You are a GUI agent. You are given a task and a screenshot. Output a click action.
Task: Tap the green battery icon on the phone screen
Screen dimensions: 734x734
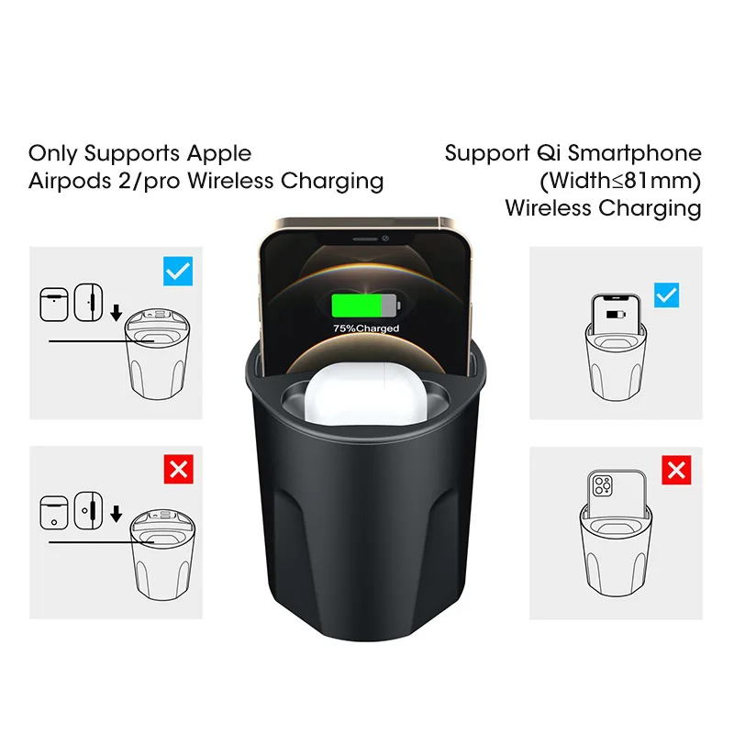(x=365, y=306)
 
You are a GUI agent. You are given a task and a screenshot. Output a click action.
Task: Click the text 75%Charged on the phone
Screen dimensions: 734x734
(x=366, y=328)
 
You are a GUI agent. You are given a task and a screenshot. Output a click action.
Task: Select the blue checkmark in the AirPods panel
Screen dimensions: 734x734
(x=177, y=271)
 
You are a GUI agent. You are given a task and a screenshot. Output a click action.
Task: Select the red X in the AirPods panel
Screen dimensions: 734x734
(x=177, y=471)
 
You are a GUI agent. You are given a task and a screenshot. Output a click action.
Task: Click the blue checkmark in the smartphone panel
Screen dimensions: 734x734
(x=666, y=295)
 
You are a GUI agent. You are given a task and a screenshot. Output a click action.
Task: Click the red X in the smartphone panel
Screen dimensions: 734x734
(x=676, y=471)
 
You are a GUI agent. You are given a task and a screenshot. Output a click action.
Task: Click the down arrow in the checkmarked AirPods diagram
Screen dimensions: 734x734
(x=116, y=313)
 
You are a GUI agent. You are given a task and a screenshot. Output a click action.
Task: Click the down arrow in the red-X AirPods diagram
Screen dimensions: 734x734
(x=116, y=512)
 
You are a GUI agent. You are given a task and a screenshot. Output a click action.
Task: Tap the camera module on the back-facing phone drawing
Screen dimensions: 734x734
(x=605, y=485)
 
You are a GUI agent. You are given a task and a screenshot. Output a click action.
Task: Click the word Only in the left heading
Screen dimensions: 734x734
(x=50, y=153)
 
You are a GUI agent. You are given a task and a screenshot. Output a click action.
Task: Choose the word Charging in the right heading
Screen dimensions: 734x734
(x=652, y=208)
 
